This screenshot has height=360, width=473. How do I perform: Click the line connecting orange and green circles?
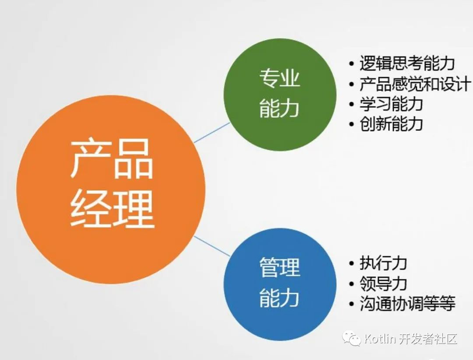click(212, 132)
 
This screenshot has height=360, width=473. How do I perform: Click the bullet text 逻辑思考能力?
click(407, 64)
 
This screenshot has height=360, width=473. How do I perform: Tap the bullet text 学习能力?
click(391, 104)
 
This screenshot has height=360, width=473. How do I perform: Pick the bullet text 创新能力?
click(391, 124)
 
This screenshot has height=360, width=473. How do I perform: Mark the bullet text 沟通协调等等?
click(407, 304)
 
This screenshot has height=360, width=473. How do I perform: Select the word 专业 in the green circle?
click(279, 80)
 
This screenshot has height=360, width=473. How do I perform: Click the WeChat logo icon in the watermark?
click(352, 338)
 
